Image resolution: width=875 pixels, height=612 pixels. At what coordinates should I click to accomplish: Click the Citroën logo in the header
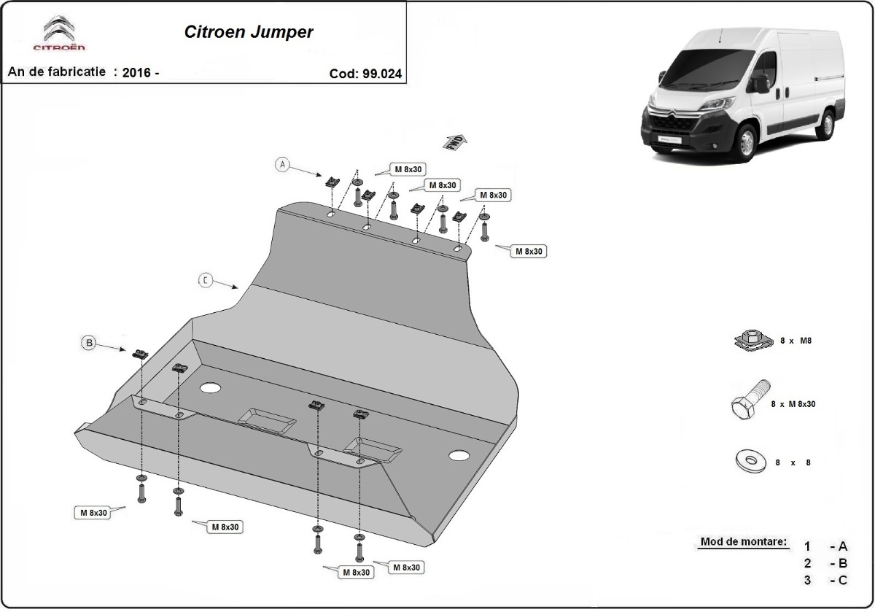(59, 35)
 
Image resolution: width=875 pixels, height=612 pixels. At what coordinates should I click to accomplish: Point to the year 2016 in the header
(137, 73)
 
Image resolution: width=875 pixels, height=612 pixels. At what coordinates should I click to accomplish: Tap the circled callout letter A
(283, 165)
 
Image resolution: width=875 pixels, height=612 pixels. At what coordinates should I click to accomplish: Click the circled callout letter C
(206, 280)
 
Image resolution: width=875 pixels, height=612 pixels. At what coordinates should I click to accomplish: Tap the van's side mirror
(762, 84)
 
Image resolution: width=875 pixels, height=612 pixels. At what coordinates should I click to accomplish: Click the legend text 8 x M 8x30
(794, 403)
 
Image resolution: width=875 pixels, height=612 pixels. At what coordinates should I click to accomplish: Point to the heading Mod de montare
(743, 542)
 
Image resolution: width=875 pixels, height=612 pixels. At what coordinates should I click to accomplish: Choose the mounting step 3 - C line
(826, 580)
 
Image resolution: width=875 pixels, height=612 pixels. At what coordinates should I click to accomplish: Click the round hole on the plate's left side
(210, 388)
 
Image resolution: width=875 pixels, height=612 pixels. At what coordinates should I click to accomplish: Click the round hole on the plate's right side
(459, 456)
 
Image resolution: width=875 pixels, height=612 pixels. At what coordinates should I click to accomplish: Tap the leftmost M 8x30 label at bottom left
(91, 513)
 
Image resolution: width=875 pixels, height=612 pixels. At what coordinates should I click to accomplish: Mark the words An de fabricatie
(57, 72)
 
